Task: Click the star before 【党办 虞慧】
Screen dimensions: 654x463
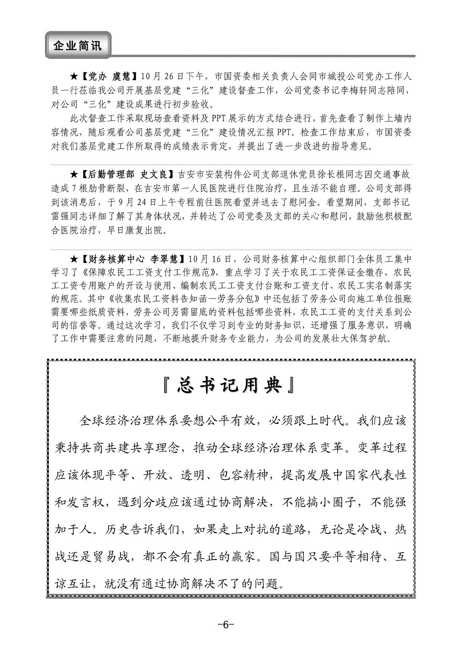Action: pyautogui.click(x=74, y=77)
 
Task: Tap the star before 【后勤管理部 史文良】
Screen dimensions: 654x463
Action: pyautogui.click(x=74, y=174)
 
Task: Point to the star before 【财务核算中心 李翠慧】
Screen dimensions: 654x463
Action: pyautogui.click(x=74, y=259)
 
